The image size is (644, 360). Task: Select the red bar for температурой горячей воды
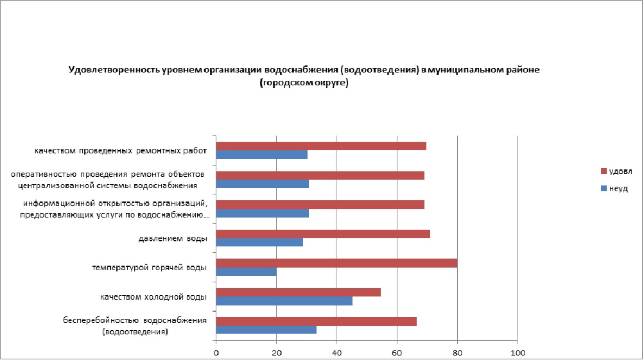click(x=336, y=263)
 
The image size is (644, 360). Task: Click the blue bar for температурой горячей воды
click(x=247, y=271)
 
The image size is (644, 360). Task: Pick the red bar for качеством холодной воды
click(x=299, y=292)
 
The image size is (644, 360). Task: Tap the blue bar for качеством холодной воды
click(x=284, y=301)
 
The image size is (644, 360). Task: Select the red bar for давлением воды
click(x=323, y=234)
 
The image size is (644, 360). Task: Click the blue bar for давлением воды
click(x=259, y=243)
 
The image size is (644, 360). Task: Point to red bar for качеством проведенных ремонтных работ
click(x=321, y=146)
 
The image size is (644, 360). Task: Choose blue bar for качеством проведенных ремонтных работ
click(x=262, y=155)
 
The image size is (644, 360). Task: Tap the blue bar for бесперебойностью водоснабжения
click(x=266, y=330)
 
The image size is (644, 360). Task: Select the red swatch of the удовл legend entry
click(x=603, y=171)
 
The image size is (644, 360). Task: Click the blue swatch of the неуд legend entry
click(x=603, y=189)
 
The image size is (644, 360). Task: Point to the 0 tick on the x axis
click(x=216, y=352)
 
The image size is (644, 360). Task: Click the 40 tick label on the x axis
click(x=336, y=352)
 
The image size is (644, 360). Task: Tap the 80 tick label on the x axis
click(x=457, y=352)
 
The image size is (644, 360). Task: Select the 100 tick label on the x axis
click(x=518, y=352)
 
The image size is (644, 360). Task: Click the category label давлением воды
click(x=173, y=239)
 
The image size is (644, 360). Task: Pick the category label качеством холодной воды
click(x=153, y=297)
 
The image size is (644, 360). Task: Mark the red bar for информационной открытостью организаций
click(x=320, y=205)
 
